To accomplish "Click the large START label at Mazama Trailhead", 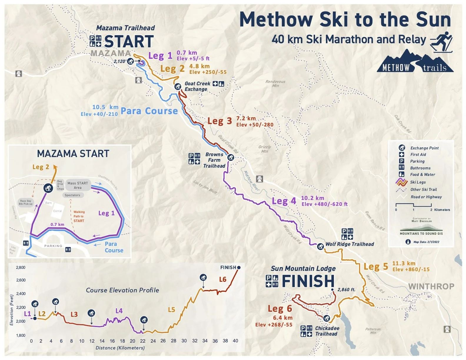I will pos(129,41).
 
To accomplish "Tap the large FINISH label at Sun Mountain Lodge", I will pos(308,281).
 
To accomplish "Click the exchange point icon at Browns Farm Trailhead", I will pos(231,158).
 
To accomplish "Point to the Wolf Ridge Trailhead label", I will pos(349,244).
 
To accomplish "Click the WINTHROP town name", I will pos(431,286).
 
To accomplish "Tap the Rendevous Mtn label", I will pos(275,84).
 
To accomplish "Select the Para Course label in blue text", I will pos(149,111).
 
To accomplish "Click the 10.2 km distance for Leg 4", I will pos(312,198).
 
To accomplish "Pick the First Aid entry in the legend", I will pos(418,154).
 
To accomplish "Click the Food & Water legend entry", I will pos(422,174).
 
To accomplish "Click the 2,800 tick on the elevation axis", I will pos(21,267).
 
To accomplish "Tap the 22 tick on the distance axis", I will pos(143,341).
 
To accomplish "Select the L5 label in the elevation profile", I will pos(171,310).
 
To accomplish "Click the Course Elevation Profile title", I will pos(122,290).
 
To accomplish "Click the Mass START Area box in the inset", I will pos(78,185).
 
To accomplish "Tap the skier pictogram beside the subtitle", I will pos(441,42).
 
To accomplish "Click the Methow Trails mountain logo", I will pos(415,62).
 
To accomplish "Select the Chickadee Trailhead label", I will pos(327,331).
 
